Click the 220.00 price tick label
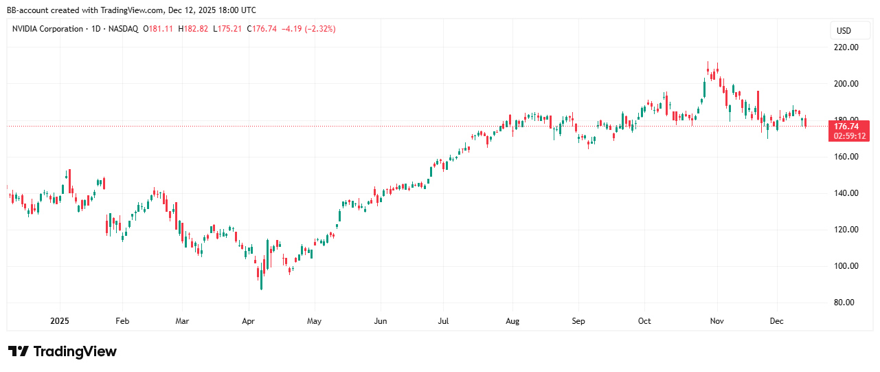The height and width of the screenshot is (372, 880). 846,47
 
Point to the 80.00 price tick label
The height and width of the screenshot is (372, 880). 846,303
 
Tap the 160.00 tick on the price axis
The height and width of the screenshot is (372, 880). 846,157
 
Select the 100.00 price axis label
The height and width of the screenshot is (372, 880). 846,266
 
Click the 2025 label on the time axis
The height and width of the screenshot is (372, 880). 60,321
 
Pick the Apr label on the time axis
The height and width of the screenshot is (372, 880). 249,321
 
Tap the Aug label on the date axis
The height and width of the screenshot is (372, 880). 512,321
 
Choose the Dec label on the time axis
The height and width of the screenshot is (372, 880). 777,321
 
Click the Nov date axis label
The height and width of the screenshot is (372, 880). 717,321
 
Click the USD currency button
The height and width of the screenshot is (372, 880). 844,31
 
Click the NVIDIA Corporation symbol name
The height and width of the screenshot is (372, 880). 47,29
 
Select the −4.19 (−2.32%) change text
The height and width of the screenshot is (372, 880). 308,29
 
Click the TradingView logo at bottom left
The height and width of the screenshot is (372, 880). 63,351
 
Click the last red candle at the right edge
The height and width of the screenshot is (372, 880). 806,122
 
